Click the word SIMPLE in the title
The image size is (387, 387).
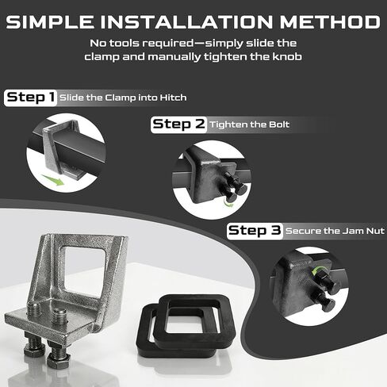[x=50, y=21]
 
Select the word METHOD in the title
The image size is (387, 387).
[x=330, y=21]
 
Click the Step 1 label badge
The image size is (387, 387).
[x=31, y=98]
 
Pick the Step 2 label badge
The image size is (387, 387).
[x=178, y=124]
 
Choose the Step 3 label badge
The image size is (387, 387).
[x=255, y=231]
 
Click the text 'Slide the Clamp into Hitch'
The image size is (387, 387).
[x=123, y=98]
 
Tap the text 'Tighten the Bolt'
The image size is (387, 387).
[x=250, y=125]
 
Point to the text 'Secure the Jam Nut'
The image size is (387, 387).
[x=335, y=231]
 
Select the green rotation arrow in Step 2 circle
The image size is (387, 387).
[x=228, y=203]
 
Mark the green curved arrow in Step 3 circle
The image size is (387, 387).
[x=317, y=270]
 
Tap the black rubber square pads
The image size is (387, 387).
[x=186, y=325]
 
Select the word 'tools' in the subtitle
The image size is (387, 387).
[x=125, y=43]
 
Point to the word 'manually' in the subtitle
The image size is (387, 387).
[x=174, y=57]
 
